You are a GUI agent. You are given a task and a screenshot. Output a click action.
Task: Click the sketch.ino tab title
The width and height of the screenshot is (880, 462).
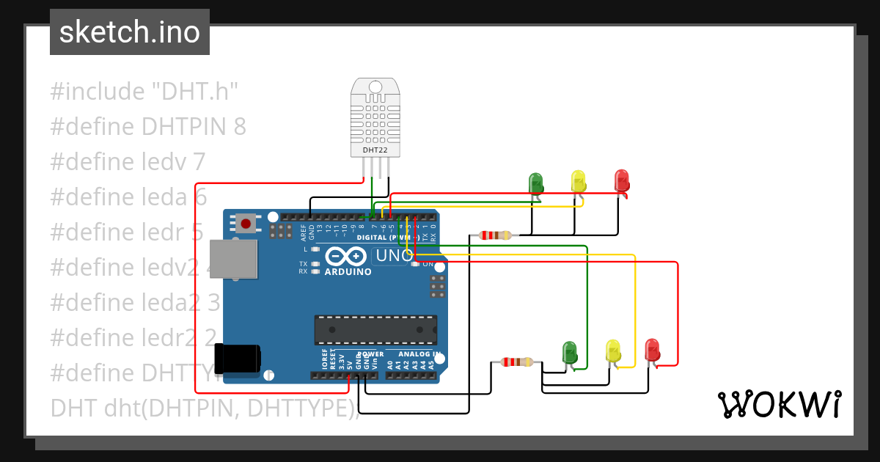[130, 32]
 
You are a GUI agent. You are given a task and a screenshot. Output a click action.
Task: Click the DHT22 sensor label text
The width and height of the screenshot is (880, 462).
[375, 150]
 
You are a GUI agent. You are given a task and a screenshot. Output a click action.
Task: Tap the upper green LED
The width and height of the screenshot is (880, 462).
[536, 183]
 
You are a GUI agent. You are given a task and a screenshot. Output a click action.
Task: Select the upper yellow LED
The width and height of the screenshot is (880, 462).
[578, 181]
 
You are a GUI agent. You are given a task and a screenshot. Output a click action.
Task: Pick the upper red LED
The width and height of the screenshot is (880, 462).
[621, 180]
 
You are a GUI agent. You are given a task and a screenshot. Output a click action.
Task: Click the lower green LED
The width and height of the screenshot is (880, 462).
[570, 352]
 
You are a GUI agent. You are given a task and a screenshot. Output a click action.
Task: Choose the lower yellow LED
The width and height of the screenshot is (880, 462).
[613, 351]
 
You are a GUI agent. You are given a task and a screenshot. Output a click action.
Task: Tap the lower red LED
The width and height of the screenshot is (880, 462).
[651, 349]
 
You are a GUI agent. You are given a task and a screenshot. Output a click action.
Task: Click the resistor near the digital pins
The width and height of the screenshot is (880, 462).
[496, 235]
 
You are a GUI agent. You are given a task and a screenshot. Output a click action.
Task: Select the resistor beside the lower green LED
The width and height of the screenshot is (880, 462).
[517, 362]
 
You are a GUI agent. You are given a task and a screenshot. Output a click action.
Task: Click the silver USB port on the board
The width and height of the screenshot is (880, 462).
[234, 259]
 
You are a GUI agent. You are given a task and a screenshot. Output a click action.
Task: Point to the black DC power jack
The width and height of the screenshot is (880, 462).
[238, 359]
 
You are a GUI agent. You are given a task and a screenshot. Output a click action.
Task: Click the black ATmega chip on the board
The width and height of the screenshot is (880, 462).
[375, 330]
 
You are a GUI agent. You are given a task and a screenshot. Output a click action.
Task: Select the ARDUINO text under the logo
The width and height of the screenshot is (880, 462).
[348, 271]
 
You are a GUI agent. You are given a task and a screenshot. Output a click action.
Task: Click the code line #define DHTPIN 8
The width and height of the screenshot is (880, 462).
[148, 127]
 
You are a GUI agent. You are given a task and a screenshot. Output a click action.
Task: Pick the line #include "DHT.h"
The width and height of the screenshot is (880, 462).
[144, 92]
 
